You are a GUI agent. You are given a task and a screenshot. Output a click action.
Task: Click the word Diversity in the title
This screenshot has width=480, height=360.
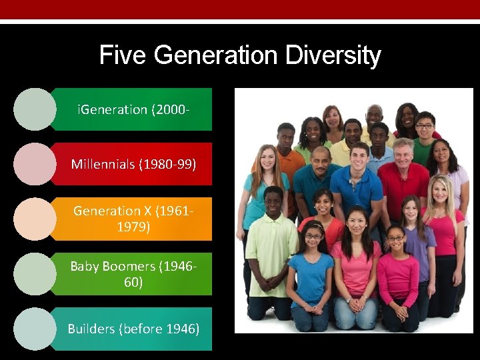tap(333, 55)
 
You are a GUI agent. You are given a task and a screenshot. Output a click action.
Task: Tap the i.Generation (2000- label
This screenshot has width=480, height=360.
tap(130, 109)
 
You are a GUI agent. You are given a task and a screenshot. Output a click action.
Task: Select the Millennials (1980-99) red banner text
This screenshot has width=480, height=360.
tap(133, 164)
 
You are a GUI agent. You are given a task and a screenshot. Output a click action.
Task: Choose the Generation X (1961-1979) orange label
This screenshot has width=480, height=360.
tap(133, 219)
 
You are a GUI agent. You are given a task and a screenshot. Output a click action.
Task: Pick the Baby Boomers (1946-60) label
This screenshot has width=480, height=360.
tap(133, 273)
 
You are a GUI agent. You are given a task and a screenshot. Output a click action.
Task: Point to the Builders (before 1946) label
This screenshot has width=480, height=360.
tap(133, 329)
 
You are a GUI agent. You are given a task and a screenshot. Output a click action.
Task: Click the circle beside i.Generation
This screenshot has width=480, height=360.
tap(35, 109)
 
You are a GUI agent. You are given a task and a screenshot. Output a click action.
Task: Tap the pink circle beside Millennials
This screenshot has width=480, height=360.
tap(35, 164)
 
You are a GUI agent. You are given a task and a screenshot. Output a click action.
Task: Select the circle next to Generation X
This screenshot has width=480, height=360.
tap(35, 219)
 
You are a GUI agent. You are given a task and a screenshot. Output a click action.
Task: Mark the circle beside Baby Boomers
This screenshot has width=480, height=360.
tap(35, 273)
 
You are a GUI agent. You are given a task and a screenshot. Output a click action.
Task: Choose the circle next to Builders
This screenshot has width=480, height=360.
tap(35, 329)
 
